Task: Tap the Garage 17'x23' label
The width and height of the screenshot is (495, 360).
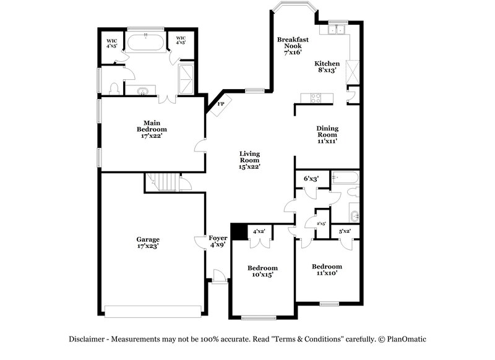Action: click(148, 242)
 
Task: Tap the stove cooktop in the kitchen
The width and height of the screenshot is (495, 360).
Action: click(316, 97)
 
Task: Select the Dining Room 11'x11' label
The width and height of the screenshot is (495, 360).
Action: click(327, 134)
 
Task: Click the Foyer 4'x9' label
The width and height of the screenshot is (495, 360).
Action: click(217, 241)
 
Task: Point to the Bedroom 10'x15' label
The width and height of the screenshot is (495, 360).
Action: click(262, 271)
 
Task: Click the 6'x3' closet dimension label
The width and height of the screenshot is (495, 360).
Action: click(311, 179)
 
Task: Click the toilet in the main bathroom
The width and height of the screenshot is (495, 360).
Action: click(113, 89)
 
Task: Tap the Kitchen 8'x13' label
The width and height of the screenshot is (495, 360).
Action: click(327, 67)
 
